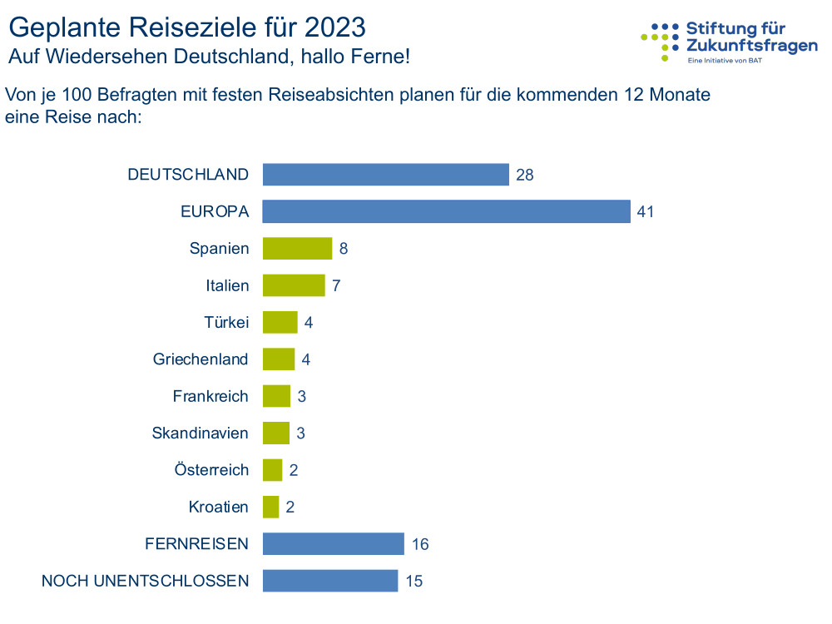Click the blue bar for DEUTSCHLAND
pos(385,175)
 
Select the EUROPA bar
pos(446,211)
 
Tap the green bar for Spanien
pos(297,249)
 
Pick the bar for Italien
pos(294,285)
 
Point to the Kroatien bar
pos(271,507)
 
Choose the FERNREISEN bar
pos(334,544)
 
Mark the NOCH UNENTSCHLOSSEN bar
pos(330,581)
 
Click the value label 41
pos(646,212)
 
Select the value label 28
pos(524,176)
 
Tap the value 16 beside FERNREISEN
pos(419,545)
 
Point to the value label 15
pos(414,582)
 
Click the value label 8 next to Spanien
pos(344,249)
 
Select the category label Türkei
pos(226,323)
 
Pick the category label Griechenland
pos(201,359)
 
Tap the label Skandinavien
pos(201,433)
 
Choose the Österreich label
pos(211,470)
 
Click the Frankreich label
pos(210,396)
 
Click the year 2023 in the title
pos(334,27)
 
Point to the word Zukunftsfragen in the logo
pos(752,46)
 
